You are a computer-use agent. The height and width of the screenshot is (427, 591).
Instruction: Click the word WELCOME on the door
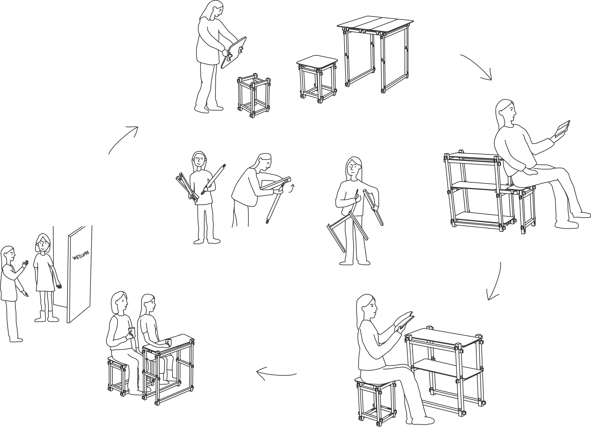coord(81,255)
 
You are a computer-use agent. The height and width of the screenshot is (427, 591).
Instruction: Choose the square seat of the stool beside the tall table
coord(317,62)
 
